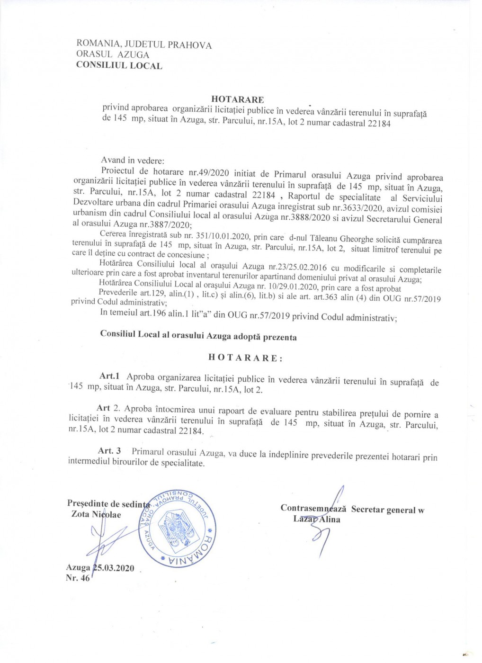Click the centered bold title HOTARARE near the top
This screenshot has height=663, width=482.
[237, 99]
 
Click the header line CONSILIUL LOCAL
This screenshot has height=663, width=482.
[119, 66]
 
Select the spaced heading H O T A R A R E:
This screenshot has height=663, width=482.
[245, 358]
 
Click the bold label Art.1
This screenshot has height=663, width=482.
[109, 376]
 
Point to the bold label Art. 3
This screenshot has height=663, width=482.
[109, 450]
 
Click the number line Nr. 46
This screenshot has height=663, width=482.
[78, 578]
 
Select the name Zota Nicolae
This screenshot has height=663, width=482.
[96, 514]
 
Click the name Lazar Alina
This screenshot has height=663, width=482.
[317, 519]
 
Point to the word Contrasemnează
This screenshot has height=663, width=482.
[313, 508]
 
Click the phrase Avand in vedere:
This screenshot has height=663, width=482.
[133, 160]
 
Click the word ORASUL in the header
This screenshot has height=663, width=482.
[94, 54]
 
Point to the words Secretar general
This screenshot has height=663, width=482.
[384, 510]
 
